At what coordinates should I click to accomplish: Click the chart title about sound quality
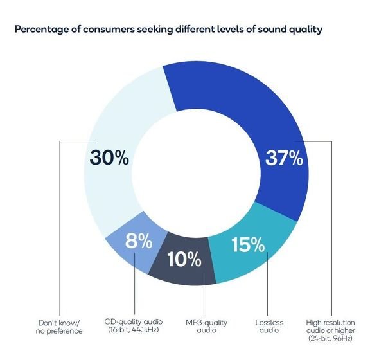pyautogui.click(x=168, y=30)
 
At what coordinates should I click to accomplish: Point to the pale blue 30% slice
pyautogui.click(x=116, y=136)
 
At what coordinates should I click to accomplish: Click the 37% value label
pyautogui.click(x=284, y=158)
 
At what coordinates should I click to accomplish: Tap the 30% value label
pyautogui.click(x=109, y=157)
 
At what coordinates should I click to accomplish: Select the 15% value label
pyautogui.click(x=248, y=244)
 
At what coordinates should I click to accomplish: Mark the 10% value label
pyautogui.click(x=184, y=259)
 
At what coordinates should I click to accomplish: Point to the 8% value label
pyautogui.click(x=139, y=241)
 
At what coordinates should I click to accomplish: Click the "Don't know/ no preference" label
pyautogui.click(x=59, y=327)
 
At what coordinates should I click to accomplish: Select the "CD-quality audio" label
pyautogui.click(x=134, y=326)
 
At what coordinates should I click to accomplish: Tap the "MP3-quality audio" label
pyautogui.click(x=206, y=326)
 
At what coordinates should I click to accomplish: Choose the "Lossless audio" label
pyautogui.click(x=269, y=326)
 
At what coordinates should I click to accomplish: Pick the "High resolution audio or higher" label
pyautogui.click(x=330, y=330)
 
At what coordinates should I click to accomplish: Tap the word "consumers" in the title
pyautogui.click(x=109, y=30)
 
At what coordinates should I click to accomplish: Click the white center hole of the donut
pyautogui.click(x=197, y=174)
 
